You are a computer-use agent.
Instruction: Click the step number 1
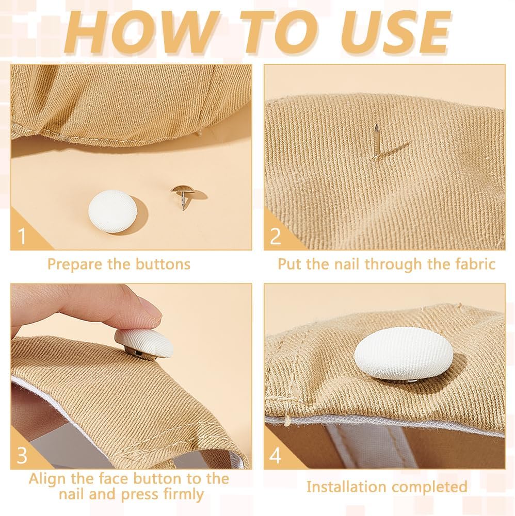pyautogui.click(x=22, y=236)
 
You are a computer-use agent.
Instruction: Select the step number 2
pyautogui.click(x=275, y=236)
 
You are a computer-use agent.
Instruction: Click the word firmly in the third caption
pyautogui.click(x=183, y=494)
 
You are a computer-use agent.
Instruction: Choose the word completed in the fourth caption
pyautogui.click(x=430, y=487)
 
